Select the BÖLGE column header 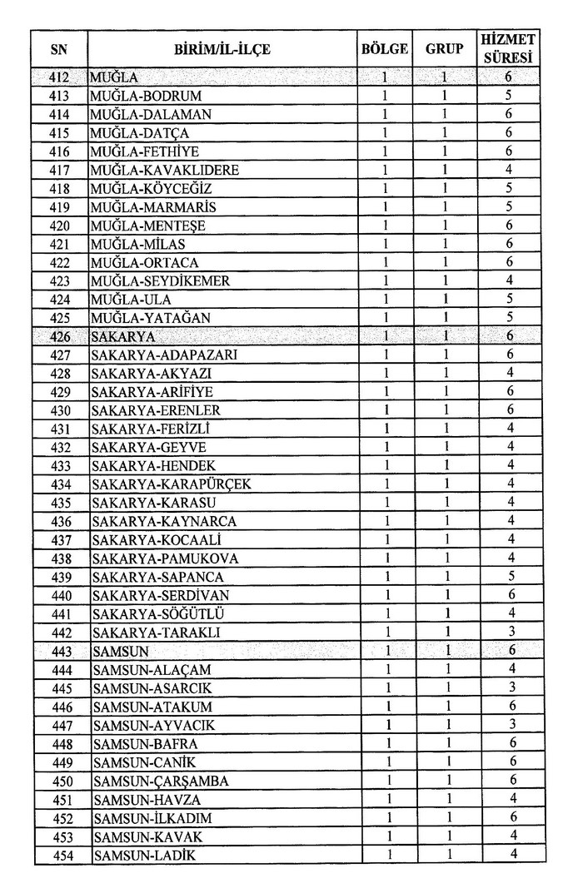(385, 49)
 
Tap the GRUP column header (445, 49)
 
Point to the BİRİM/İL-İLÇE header (222, 49)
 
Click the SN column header (59, 49)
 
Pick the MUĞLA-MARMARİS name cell (151, 206)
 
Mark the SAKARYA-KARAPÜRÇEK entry (172, 484)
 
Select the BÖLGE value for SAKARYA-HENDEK (386, 466)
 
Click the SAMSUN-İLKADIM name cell (155, 818)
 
